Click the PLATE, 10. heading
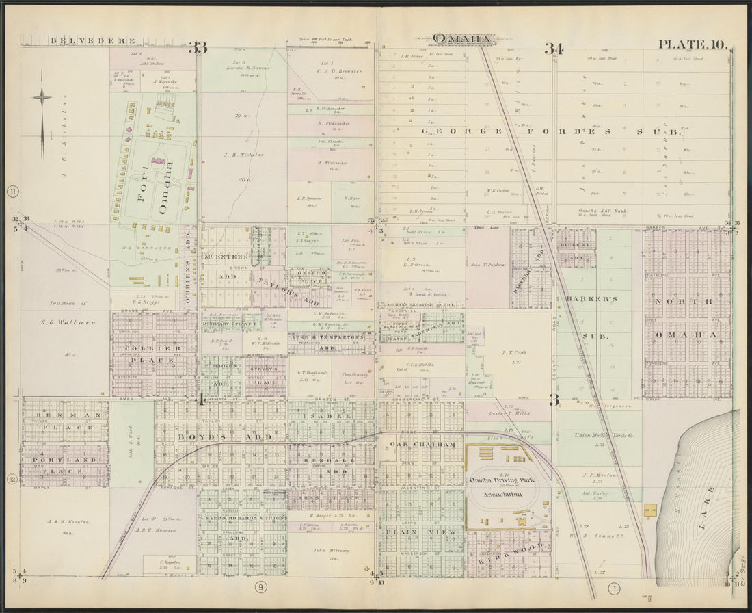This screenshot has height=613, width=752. tap(691, 44)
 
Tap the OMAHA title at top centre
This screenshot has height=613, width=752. tap(462, 39)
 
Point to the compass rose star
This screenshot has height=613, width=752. tap(42, 97)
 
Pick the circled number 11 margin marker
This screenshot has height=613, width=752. tap(12, 192)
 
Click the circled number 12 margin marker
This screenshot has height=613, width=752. tap(12, 479)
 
